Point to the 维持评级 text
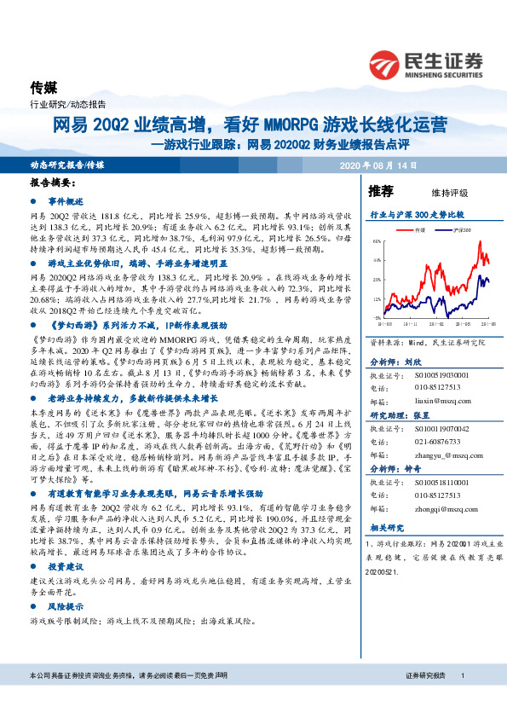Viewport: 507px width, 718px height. tap(438, 193)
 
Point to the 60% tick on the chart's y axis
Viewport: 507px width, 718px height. tap(377, 242)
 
